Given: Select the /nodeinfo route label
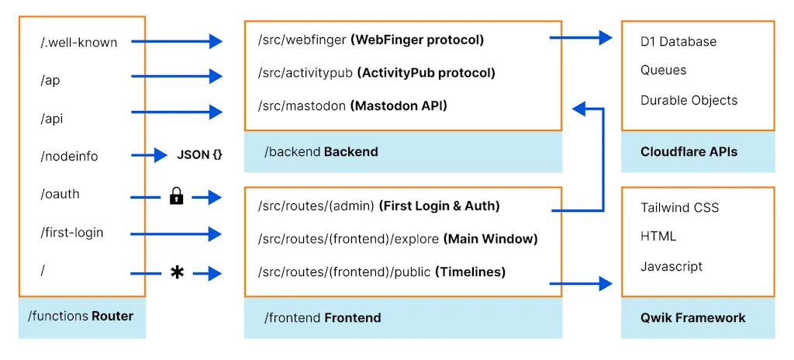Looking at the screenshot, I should (69, 156).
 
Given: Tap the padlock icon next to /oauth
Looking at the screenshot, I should (176, 197).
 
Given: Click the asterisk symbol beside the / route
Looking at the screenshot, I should (177, 272).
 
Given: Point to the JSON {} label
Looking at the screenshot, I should (199, 155).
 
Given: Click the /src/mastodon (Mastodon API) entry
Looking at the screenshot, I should (353, 105).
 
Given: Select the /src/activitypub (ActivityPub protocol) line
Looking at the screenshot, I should (376, 72).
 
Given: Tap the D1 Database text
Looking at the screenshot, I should (678, 41).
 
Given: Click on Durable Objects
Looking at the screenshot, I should (689, 100).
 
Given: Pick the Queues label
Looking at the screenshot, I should (663, 70).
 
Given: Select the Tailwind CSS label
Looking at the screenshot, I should (679, 207).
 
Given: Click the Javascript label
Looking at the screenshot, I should (671, 266).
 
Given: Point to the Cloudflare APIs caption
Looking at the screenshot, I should (689, 152).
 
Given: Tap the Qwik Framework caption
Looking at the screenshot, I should (692, 317).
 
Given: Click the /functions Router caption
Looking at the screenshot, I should (81, 316).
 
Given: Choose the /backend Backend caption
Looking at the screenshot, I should (321, 152).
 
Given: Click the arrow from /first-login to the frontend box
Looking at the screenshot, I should (176, 233).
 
